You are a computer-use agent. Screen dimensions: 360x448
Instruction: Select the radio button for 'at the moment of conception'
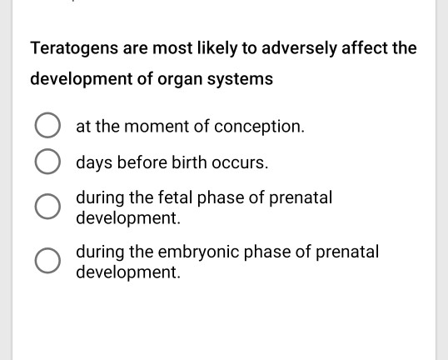pos(47,127)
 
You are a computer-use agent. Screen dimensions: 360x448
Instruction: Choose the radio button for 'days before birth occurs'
pos(47,162)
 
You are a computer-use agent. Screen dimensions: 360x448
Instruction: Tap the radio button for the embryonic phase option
pos(47,261)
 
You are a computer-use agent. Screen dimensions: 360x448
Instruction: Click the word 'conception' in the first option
pos(260,127)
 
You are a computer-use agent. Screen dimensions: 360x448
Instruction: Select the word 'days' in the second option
pos(93,162)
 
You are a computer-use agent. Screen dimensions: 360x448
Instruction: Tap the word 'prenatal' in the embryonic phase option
pos(346,251)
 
